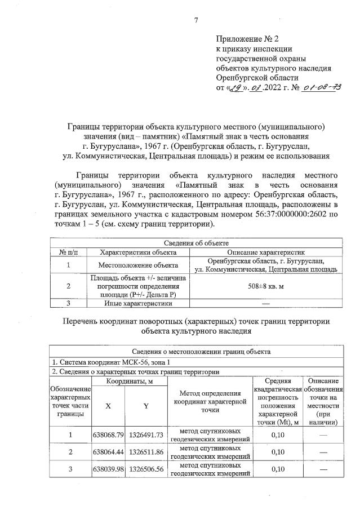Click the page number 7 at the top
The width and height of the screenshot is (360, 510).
click(x=195, y=21)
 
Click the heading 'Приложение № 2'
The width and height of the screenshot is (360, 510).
click(x=247, y=38)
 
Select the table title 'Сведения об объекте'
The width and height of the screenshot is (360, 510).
click(x=194, y=243)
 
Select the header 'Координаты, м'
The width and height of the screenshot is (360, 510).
click(x=129, y=382)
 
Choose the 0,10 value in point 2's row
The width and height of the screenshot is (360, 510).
click(x=278, y=452)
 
